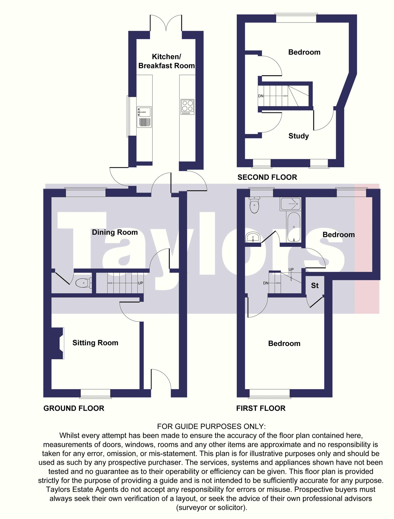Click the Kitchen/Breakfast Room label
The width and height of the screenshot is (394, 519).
click(x=166, y=61)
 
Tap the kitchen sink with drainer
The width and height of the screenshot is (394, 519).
click(x=144, y=117)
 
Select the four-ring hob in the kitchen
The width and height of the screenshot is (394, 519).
click(x=187, y=107)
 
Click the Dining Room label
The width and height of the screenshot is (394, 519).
click(x=115, y=232)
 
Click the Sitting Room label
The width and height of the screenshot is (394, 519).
click(x=95, y=343)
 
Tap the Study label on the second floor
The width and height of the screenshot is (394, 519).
click(x=299, y=136)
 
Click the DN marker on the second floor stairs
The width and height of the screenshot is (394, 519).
click(x=261, y=96)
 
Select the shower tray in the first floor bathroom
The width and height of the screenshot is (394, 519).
click(x=291, y=204)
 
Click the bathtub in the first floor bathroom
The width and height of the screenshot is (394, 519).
click(x=294, y=227)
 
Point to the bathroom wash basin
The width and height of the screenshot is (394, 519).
click(x=253, y=238)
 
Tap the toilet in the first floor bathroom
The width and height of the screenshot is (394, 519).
click(x=254, y=205)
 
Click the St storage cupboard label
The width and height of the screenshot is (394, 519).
click(x=315, y=286)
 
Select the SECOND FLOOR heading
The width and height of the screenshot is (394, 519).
click(x=267, y=177)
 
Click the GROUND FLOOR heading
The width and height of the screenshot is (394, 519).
click(x=74, y=408)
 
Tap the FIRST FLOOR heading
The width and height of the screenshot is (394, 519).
click(x=261, y=408)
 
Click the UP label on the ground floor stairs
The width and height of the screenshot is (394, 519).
click(x=140, y=283)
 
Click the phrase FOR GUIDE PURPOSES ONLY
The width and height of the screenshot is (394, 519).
click(x=211, y=426)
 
